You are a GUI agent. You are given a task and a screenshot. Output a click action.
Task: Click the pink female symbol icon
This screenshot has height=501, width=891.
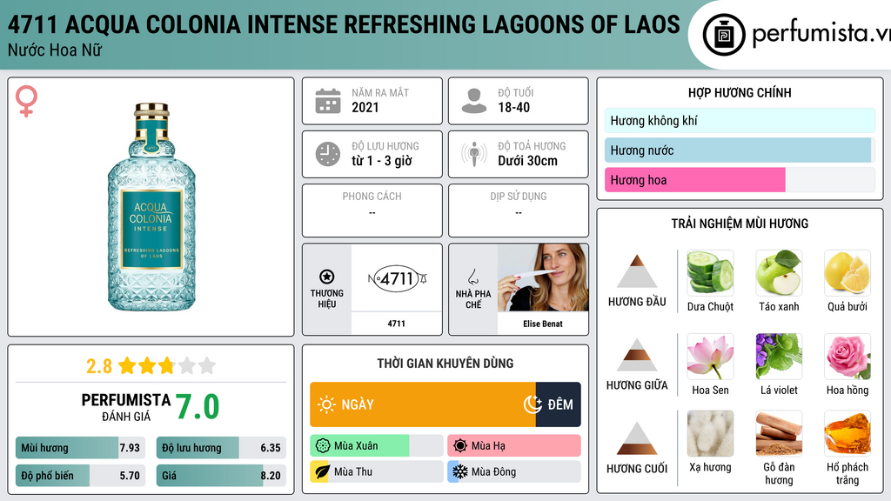coord(26,101)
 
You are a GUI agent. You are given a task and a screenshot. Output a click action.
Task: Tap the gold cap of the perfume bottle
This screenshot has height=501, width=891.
coord(151,112)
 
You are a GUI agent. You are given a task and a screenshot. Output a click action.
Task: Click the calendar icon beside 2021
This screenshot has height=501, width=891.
coord(328,101)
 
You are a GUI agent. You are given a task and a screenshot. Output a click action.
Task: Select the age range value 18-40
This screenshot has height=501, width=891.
coord(513,107)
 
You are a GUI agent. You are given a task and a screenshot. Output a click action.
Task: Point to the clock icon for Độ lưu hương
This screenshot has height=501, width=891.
coord(328,154)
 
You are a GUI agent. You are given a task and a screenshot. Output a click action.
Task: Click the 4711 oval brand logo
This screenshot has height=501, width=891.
coord(397,278)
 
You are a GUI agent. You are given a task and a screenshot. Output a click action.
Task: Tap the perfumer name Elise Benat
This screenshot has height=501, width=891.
coord(543,324)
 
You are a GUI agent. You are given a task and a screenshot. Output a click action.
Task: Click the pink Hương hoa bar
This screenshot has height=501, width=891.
coord(695,180)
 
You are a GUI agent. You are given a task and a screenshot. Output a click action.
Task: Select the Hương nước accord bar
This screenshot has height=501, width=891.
coord(738,150)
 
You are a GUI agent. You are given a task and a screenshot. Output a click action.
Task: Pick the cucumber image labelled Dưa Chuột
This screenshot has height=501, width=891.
coord(710,272)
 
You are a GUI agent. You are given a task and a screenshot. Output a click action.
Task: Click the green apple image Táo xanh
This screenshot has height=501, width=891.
coord(779,272)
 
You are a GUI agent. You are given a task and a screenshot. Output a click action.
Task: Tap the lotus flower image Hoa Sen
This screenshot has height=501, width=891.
coord(710,356)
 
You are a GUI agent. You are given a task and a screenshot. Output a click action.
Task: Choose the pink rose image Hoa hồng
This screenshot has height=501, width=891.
coord(847,356)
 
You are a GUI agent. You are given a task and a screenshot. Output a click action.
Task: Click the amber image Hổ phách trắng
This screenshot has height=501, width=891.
coord(847,433)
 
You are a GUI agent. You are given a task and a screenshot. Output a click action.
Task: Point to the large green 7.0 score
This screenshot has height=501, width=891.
coord(198,407)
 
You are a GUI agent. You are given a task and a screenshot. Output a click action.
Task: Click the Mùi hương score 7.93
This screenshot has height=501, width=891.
coord(130,448)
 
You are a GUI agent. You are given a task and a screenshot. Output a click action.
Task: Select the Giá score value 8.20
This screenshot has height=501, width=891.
coord(271,476)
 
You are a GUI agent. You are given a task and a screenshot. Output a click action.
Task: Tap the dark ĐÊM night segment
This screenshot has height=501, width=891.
coord(558,404)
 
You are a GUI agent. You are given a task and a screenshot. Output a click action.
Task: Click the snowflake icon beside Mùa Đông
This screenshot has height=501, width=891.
coord(459,471)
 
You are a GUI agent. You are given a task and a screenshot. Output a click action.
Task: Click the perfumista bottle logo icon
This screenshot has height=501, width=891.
coord(723,35)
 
